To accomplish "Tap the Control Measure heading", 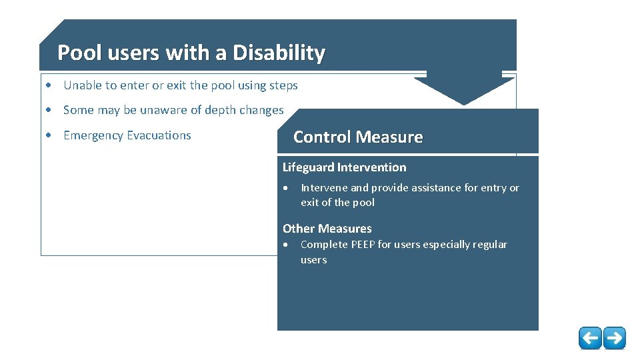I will point(358,137).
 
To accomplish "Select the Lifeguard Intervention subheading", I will point(344,167).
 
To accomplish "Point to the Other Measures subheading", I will point(327,229).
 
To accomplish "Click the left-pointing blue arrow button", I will point(590,338).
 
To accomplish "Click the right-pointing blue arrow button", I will point(615,338).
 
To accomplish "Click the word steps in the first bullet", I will point(283,86).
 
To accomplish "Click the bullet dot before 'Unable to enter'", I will point(49,86).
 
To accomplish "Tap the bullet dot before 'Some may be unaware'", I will point(49,111).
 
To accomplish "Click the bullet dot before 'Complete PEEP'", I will point(285,245).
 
